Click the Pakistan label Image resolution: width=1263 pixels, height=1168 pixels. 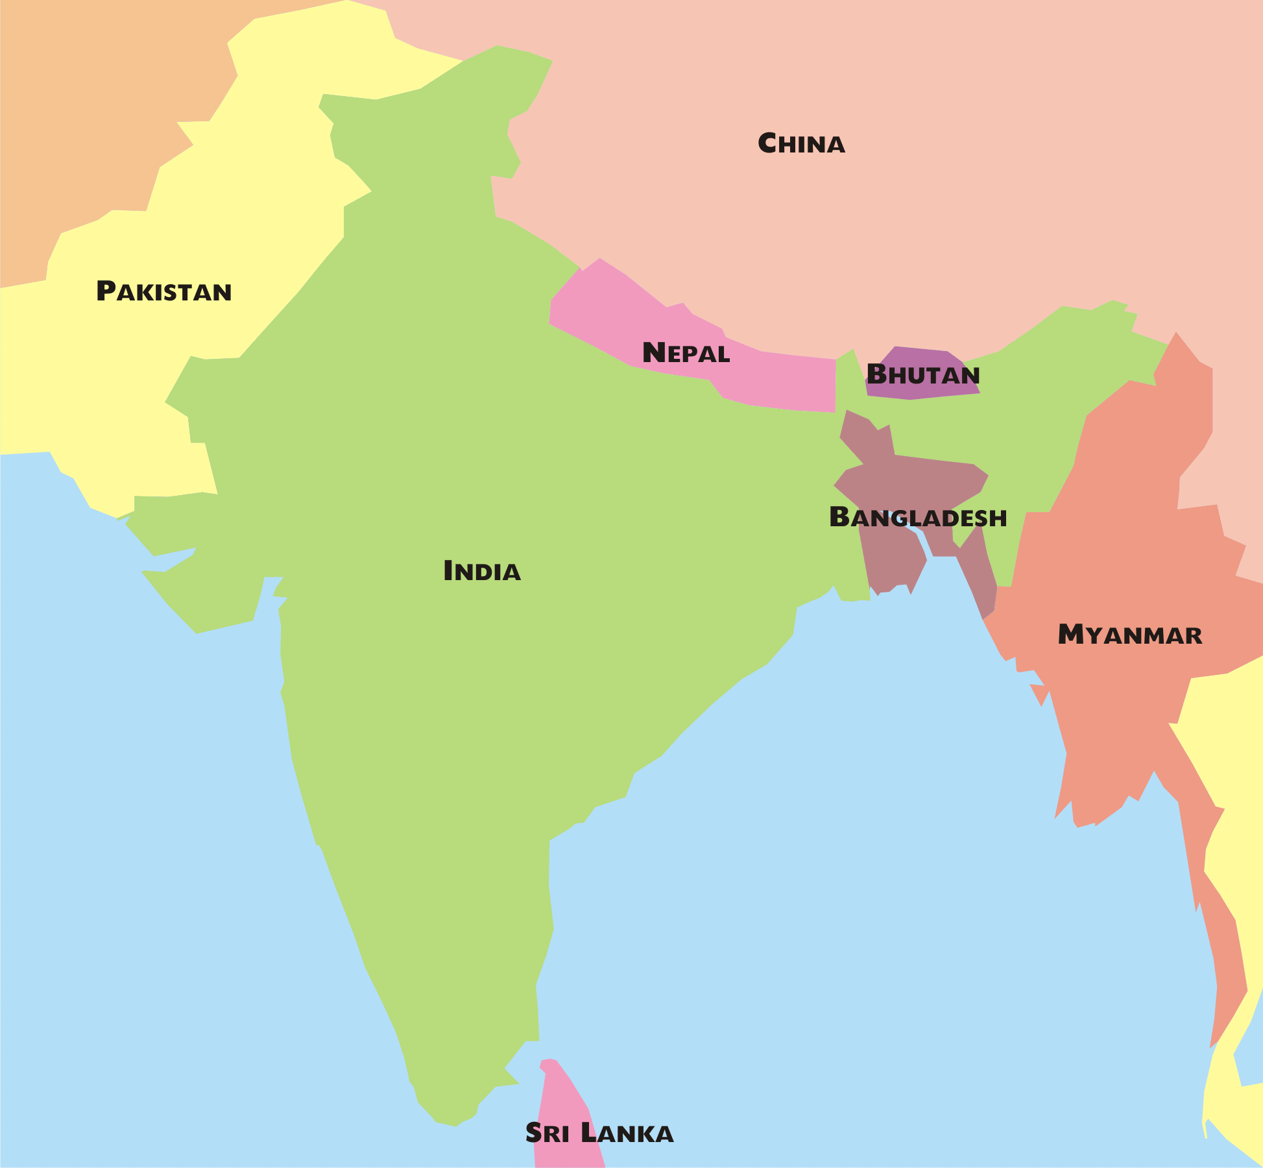point(163,292)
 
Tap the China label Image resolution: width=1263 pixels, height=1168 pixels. point(801,144)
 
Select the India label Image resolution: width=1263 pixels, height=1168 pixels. point(482,571)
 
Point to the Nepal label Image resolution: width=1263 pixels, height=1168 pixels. point(686,353)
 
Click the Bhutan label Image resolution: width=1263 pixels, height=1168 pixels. point(922,375)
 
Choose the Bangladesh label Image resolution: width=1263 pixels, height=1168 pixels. point(918,518)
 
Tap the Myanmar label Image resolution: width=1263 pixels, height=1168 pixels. point(1129,635)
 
